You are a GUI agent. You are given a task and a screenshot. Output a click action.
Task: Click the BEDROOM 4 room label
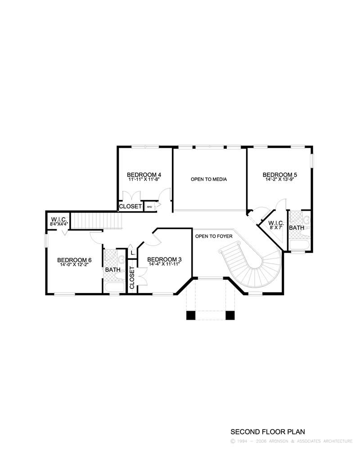[144, 175]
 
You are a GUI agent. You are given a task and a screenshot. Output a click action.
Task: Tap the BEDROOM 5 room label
[280, 175]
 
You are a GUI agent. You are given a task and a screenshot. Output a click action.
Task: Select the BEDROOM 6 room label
[75, 260]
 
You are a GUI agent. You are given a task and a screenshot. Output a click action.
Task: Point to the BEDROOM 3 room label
[164, 259]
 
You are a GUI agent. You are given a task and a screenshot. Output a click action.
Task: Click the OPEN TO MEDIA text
[209, 179]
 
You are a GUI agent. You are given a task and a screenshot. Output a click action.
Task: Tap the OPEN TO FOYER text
[214, 235]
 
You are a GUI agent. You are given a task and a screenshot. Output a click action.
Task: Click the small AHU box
[149, 207]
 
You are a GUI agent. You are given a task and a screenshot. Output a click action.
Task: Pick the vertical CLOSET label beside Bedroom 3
[132, 278]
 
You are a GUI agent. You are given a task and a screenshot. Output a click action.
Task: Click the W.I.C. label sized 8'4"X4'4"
[59, 219]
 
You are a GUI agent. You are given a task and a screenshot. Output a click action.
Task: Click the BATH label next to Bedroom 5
[297, 228]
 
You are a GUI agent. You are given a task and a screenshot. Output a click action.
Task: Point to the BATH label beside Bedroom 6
[112, 270]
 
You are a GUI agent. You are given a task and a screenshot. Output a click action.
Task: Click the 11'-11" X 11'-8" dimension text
[144, 179]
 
